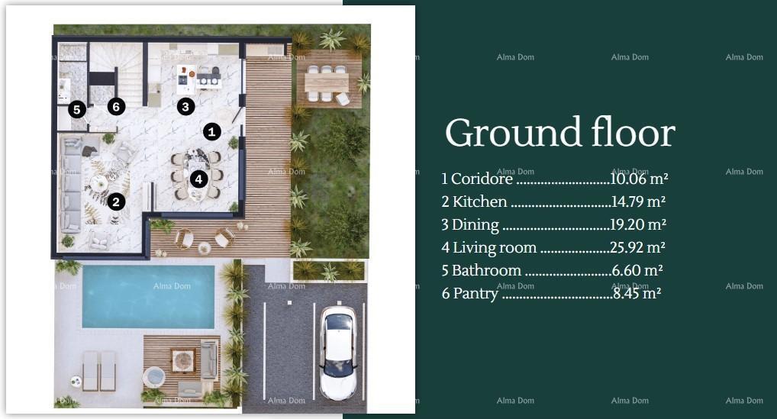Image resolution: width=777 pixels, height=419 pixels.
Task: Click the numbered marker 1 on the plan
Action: point(212,132)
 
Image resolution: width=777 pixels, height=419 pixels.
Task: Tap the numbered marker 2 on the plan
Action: point(116,201)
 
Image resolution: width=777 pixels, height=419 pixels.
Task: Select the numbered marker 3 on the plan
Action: point(185,107)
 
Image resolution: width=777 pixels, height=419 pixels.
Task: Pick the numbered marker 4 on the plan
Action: point(198,179)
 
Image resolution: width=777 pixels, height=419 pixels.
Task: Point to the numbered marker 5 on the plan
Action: point(76,110)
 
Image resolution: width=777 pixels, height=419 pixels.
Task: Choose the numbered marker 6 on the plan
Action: point(116,107)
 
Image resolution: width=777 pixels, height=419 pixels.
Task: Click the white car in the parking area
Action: point(337,353)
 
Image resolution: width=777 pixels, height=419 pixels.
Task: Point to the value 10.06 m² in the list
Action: point(639,179)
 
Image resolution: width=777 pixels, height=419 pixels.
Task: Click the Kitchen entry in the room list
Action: point(479,202)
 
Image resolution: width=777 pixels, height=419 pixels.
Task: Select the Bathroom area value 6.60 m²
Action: point(637,271)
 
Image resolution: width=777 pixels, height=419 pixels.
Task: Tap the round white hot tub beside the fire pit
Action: point(154,377)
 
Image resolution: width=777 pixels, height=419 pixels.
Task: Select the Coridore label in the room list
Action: point(482,179)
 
